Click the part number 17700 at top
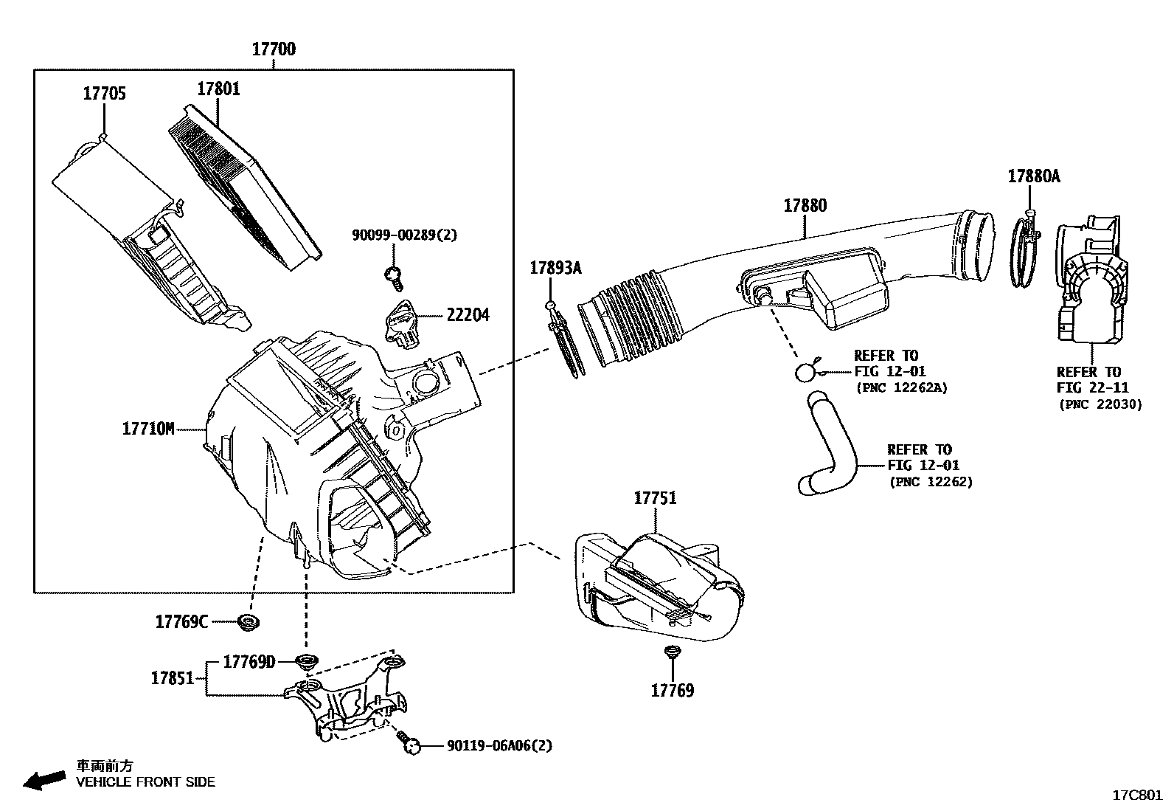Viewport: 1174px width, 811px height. [274, 49]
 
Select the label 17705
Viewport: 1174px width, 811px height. [104, 94]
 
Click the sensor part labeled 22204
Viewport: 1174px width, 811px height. [403, 322]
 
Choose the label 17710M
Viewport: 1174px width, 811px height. [148, 428]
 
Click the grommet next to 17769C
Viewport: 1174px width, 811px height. [249, 623]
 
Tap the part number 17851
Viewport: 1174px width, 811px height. [172, 678]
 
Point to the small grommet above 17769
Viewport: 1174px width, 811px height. [671, 652]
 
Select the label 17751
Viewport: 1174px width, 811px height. [655, 498]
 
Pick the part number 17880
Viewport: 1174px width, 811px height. [805, 206]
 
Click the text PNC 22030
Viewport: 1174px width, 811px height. [1100, 404]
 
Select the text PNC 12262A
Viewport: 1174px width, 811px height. [901, 387]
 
